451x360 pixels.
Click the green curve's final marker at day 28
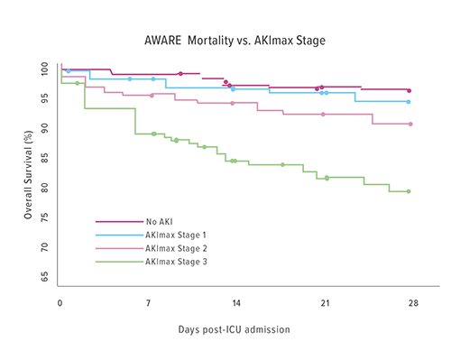(x=409, y=191)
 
